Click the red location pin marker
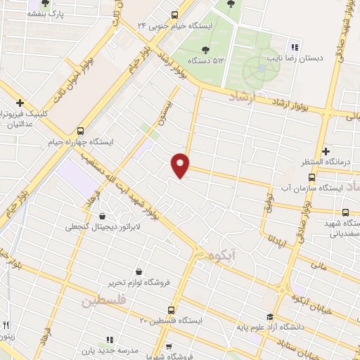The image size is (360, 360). tap(181, 165)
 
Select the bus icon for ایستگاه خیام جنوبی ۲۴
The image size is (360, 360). tap(176, 14)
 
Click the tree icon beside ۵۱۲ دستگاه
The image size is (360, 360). tap(205, 49)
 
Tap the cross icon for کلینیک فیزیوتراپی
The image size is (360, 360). tap(21, 103)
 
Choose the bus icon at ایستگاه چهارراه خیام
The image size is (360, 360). tap(81, 130)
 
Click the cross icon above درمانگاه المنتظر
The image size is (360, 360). tap(325, 151)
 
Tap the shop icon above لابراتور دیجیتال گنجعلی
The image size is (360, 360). tap(103, 216)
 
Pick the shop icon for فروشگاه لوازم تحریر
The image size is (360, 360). tap(139, 271)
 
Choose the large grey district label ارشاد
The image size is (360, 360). tap(245, 98)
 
